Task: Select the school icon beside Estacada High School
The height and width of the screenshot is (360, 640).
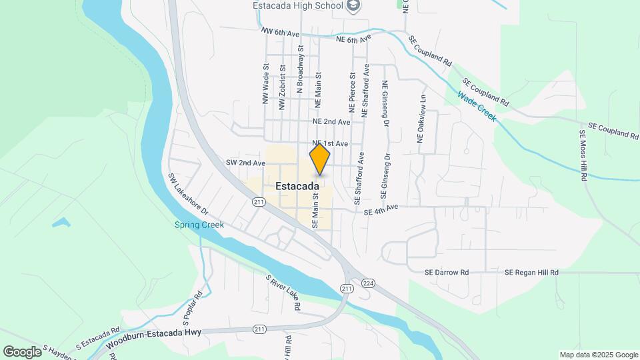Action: [x=354, y=6]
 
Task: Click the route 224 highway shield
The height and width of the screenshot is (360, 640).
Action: [x=369, y=283]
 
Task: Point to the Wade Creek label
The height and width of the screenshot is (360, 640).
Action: [x=477, y=107]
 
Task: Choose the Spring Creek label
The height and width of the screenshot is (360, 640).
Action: [x=199, y=225]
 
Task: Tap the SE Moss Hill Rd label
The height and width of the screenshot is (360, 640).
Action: [x=583, y=156]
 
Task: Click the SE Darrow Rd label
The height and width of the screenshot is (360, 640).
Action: [x=447, y=273]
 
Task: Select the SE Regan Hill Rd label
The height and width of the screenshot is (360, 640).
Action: [x=531, y=273]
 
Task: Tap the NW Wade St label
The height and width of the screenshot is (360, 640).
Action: [x=265, y=83]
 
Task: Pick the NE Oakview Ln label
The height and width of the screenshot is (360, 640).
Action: [x=421, y=118]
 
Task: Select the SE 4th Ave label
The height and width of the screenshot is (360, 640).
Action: [x=381, y=209]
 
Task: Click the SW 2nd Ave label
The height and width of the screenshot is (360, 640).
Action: [x=241, y=163]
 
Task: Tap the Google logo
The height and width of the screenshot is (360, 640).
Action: [x=22, y=351]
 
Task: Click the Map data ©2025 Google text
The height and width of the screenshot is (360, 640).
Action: [x=598, y=355]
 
